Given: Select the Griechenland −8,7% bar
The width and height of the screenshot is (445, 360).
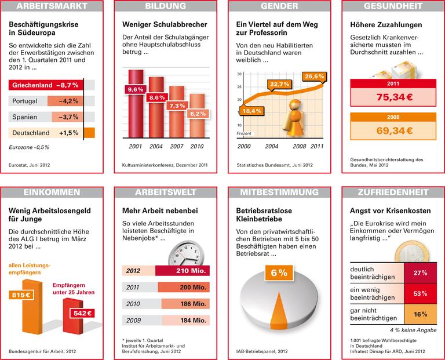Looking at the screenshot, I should tap(46, 85).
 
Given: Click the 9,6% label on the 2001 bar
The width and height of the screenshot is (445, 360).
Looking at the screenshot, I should tap(135, 89).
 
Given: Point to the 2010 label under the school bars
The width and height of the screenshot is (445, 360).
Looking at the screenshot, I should tap(197, 146).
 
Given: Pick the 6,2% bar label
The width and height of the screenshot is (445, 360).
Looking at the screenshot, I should tap(197, 114).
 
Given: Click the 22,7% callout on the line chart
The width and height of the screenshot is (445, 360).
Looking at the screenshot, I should tap(279, 85).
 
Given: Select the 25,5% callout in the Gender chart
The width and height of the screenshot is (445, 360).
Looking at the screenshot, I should tap(315, 77).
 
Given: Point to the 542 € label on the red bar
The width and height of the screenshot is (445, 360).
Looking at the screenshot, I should tap(81, 314).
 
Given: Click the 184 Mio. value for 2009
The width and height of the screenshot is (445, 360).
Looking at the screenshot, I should tap(191, 320).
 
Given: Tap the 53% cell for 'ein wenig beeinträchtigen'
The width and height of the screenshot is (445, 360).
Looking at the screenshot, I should tap(420, 293).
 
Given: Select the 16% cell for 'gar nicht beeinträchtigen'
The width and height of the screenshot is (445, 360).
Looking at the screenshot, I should tap(420, 314).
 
